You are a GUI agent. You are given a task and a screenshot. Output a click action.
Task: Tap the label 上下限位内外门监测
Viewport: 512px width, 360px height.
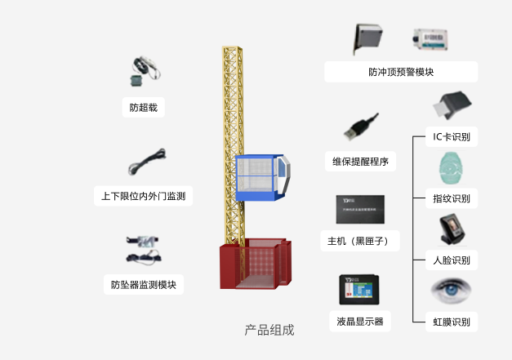point(143,196)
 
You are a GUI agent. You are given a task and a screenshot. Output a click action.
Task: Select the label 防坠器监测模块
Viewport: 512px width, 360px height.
point(143,285)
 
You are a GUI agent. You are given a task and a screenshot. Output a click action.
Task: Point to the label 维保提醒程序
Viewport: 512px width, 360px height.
point(359,162)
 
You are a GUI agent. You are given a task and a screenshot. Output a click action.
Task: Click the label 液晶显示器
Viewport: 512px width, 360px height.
point(359,321)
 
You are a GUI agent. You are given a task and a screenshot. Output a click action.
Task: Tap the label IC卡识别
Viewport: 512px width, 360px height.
point(452,137)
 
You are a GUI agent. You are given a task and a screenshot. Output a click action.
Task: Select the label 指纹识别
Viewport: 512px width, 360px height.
point(452,198)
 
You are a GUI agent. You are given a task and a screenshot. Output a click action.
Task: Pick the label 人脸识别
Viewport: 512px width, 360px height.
point(452,260)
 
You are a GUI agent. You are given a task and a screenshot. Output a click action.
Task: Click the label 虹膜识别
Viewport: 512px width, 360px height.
point(452,322)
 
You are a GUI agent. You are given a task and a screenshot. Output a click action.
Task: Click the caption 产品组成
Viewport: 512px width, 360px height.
point(269,330)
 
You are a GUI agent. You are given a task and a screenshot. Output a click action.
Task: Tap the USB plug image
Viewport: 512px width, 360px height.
point(360,128)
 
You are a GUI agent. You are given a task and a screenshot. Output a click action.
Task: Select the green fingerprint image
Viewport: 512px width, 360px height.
point(450,169)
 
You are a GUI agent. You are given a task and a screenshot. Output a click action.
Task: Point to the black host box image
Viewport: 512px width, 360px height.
point(360,209)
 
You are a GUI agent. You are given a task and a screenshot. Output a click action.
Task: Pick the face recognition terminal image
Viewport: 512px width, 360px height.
point(451,229)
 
